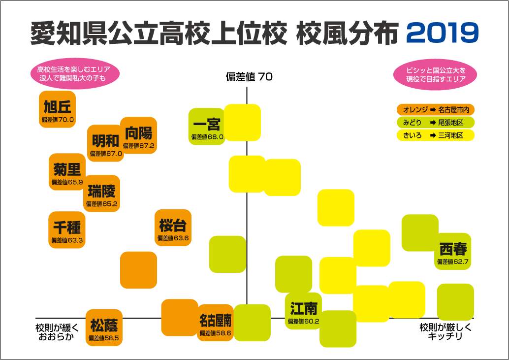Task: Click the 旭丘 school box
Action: pyautogui.click(x=57, y=109)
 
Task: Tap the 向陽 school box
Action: pyautogui.click(x=138, y=135)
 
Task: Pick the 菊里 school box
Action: pyautogui.click(x=67, y=172)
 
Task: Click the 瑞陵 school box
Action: pyautogui.click(x=101, y=193)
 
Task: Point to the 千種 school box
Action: pyautogui.click(x=67, y=230)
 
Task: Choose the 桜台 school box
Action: pyautogui.click(x=173, y=228)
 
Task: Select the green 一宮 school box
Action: pyautogui.click(x=207, y=127)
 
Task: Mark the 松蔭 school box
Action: pyautogui.click(x=104, y=328)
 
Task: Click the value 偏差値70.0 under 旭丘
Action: pyautogui.click(x=58, y=120)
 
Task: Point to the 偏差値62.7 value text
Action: pyautogui.click(x=453, y=262)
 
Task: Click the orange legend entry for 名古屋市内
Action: pyautogui.click(x=435, y=109)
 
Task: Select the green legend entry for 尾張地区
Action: pyautogui.click(x=435, y=122)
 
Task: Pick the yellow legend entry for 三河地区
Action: pyautogui.click(x=435, y=135)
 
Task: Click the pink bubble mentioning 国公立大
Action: pyautogui.click(x=436, y=74)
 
